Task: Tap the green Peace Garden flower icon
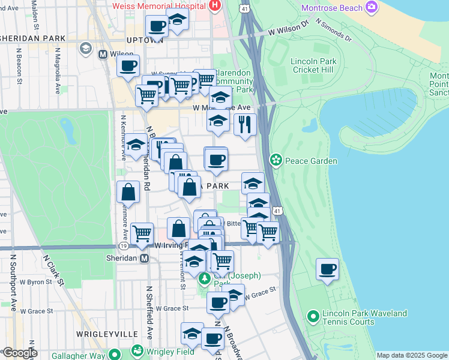pos(276,160)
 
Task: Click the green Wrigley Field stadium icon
pos(137,350)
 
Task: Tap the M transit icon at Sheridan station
pos(144,259)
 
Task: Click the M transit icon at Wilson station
pos(103,54)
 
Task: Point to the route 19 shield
pos(123,246)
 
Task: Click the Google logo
pos(19,353)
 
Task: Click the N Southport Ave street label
pos(12,282)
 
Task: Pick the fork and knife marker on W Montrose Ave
pos(245,124)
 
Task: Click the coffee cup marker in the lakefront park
pos(327,269)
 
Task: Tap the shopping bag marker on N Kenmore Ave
pos(128,192)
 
